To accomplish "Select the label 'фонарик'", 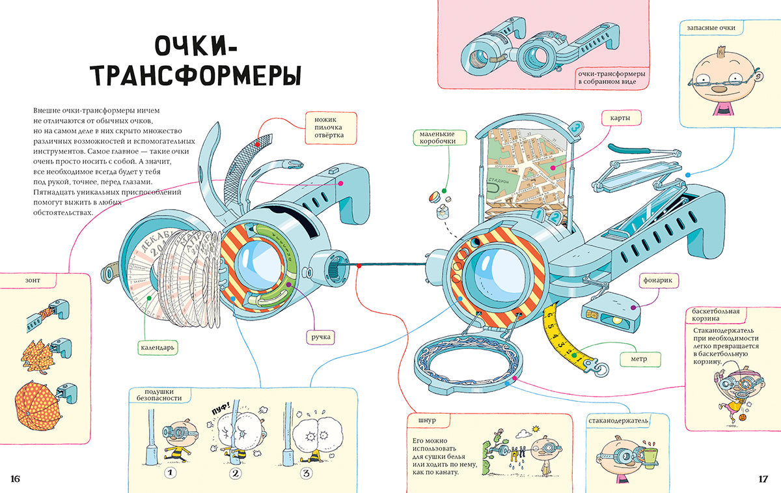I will pyautogui.click(x=655, y=280).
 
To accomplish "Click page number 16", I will pyautogui.click(x=16, y=479).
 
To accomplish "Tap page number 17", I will pyautogui.click(x=763, y=479).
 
